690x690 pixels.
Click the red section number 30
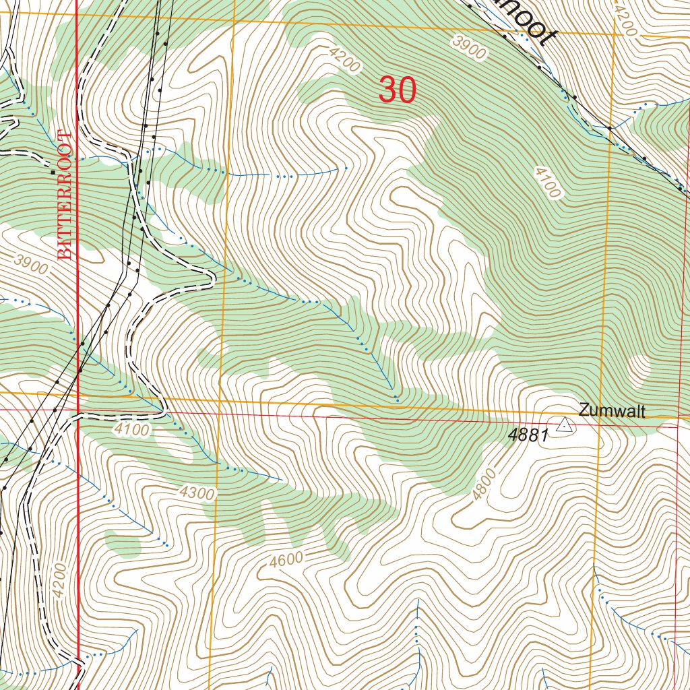398,90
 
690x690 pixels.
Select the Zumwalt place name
611,410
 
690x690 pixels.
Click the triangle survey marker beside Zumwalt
565,425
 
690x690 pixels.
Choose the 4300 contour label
197,493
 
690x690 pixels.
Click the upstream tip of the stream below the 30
346,167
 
